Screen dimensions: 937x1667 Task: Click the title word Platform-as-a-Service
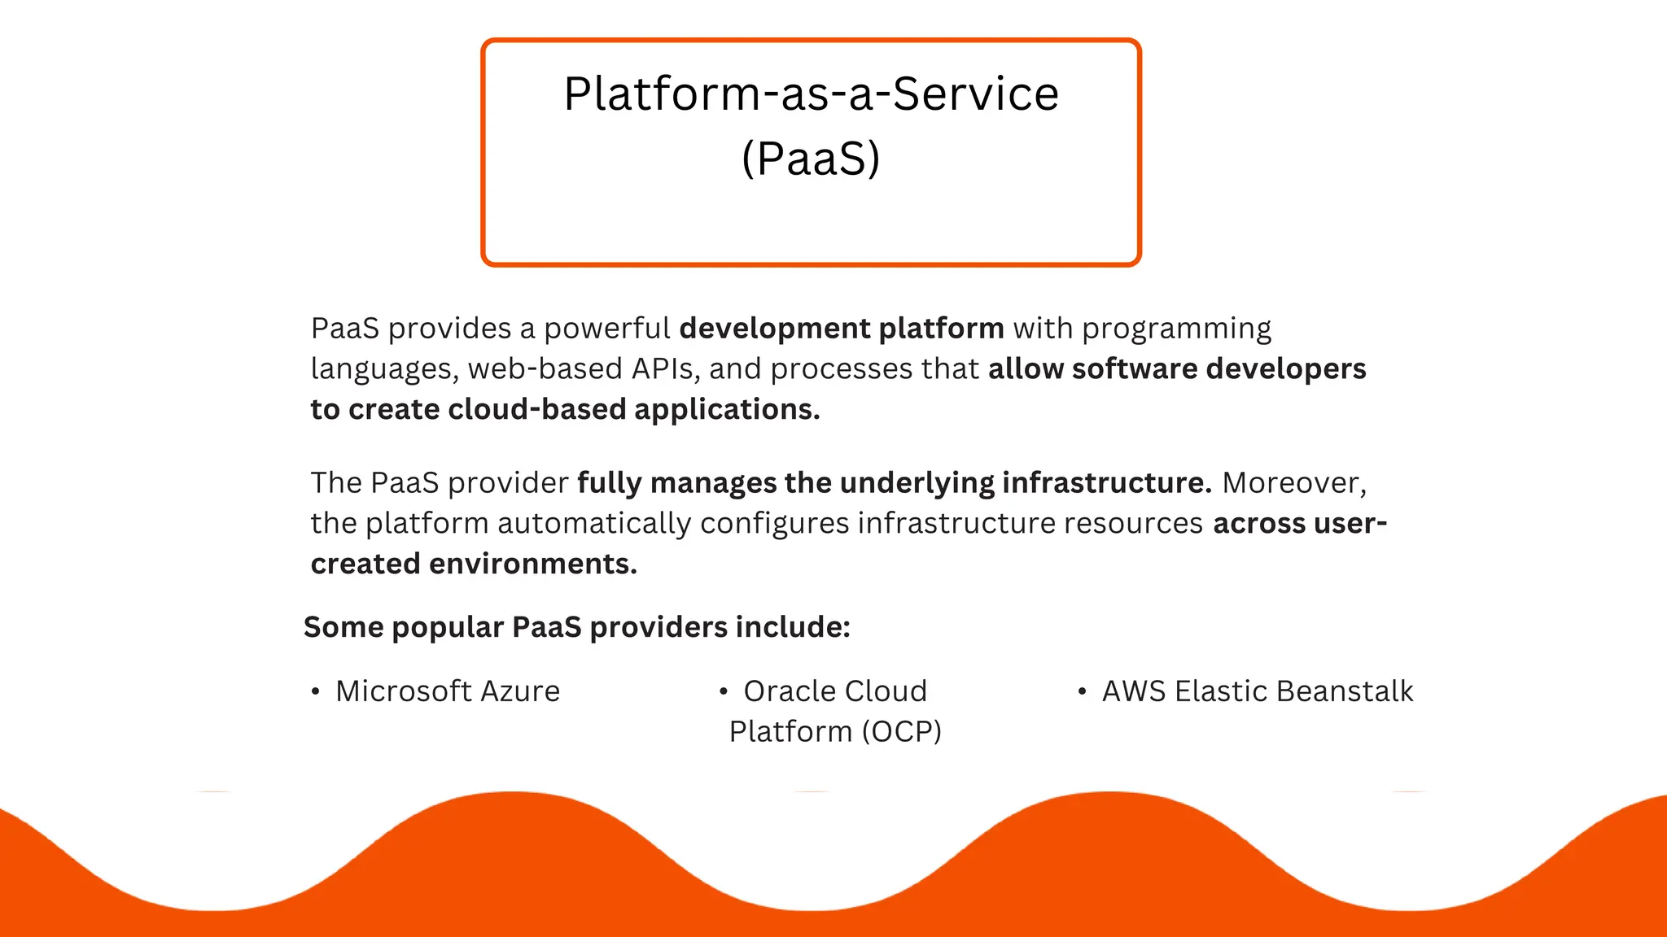point(811,94)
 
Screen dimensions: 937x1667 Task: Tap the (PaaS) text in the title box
point(811,159)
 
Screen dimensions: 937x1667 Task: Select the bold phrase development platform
point(842,329)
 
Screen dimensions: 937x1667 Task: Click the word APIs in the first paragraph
point(663,369)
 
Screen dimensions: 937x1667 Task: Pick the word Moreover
point(1293,483)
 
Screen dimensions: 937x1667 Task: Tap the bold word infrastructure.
point(1107,483)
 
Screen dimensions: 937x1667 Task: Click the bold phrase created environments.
point(474,564)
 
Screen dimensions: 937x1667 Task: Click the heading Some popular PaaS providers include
point(576,627)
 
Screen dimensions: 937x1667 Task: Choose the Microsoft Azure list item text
point(448,691)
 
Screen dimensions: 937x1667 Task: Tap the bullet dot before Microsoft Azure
point(315,692)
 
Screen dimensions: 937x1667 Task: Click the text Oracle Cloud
point(835,691)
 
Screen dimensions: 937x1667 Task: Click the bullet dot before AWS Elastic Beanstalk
point(1082,692)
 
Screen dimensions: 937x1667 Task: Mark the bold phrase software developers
point(1219,369)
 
